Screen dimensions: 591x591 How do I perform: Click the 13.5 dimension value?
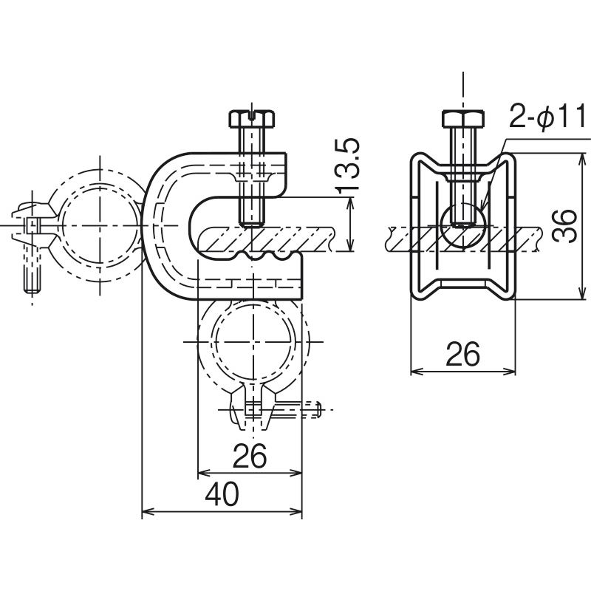pos(347,166)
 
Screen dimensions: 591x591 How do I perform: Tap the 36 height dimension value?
pos(564,225)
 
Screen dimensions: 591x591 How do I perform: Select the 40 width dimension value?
pos(222,494)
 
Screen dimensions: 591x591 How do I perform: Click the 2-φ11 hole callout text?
pos(547,116)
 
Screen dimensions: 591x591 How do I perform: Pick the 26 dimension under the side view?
pos(462,354)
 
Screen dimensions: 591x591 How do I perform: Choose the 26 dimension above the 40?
pos(250,456)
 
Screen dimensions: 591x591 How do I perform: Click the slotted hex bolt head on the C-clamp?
pos(252,118)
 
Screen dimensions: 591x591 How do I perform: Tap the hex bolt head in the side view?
pos(463,118)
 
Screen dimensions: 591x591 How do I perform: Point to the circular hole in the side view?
pos(463,225)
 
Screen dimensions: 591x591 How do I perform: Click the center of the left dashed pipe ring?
pos(100,225)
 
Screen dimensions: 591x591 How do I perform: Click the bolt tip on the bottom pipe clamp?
pos(318,409)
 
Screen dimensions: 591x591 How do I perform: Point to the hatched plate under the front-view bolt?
pos(266,239)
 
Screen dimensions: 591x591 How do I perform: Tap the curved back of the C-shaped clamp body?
pos(148,225)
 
